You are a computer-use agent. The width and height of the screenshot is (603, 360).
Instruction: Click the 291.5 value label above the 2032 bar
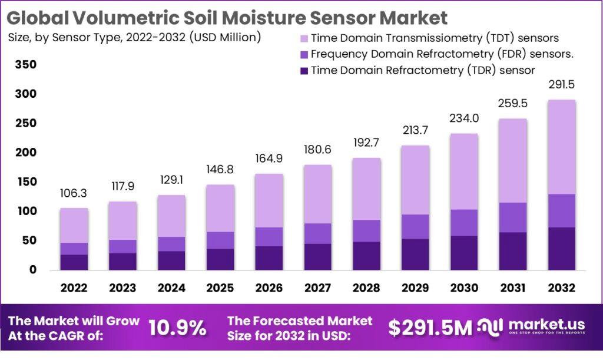561,84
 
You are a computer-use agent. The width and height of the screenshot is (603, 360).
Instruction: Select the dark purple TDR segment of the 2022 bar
74,262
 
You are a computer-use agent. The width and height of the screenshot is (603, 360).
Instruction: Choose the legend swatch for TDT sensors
304,38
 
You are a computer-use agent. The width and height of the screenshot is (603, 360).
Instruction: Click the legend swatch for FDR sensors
304,54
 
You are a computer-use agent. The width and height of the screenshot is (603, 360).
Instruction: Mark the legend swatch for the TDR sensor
304,71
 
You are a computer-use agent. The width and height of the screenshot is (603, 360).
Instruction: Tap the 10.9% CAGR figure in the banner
177,328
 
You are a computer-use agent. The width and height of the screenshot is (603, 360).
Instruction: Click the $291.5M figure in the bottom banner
430,329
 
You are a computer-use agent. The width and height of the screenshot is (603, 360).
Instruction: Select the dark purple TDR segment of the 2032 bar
561,249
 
